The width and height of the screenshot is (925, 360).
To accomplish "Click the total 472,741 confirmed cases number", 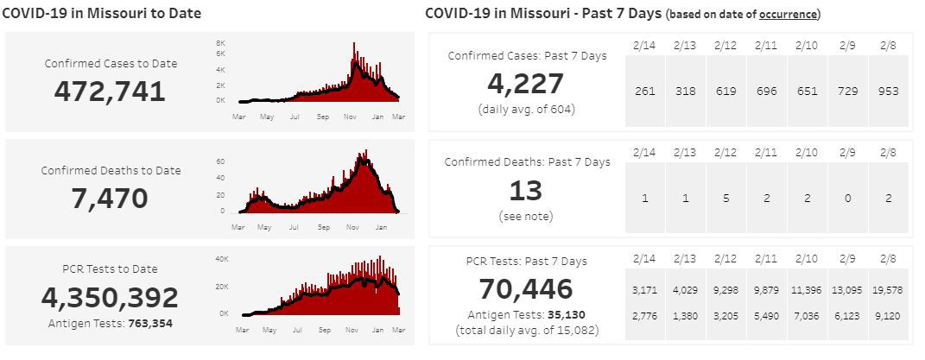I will click(x=110, y=91).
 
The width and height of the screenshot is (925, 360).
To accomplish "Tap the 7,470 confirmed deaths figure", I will click(x=110, y=199).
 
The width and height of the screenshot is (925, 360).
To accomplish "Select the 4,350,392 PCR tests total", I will click(x=110, y=298).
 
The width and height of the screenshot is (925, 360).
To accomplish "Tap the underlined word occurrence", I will click(x=789, y=15).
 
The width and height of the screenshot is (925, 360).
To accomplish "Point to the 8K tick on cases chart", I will click(x=220, y=42).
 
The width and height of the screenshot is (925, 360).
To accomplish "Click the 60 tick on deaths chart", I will click(x=220, y=161).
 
